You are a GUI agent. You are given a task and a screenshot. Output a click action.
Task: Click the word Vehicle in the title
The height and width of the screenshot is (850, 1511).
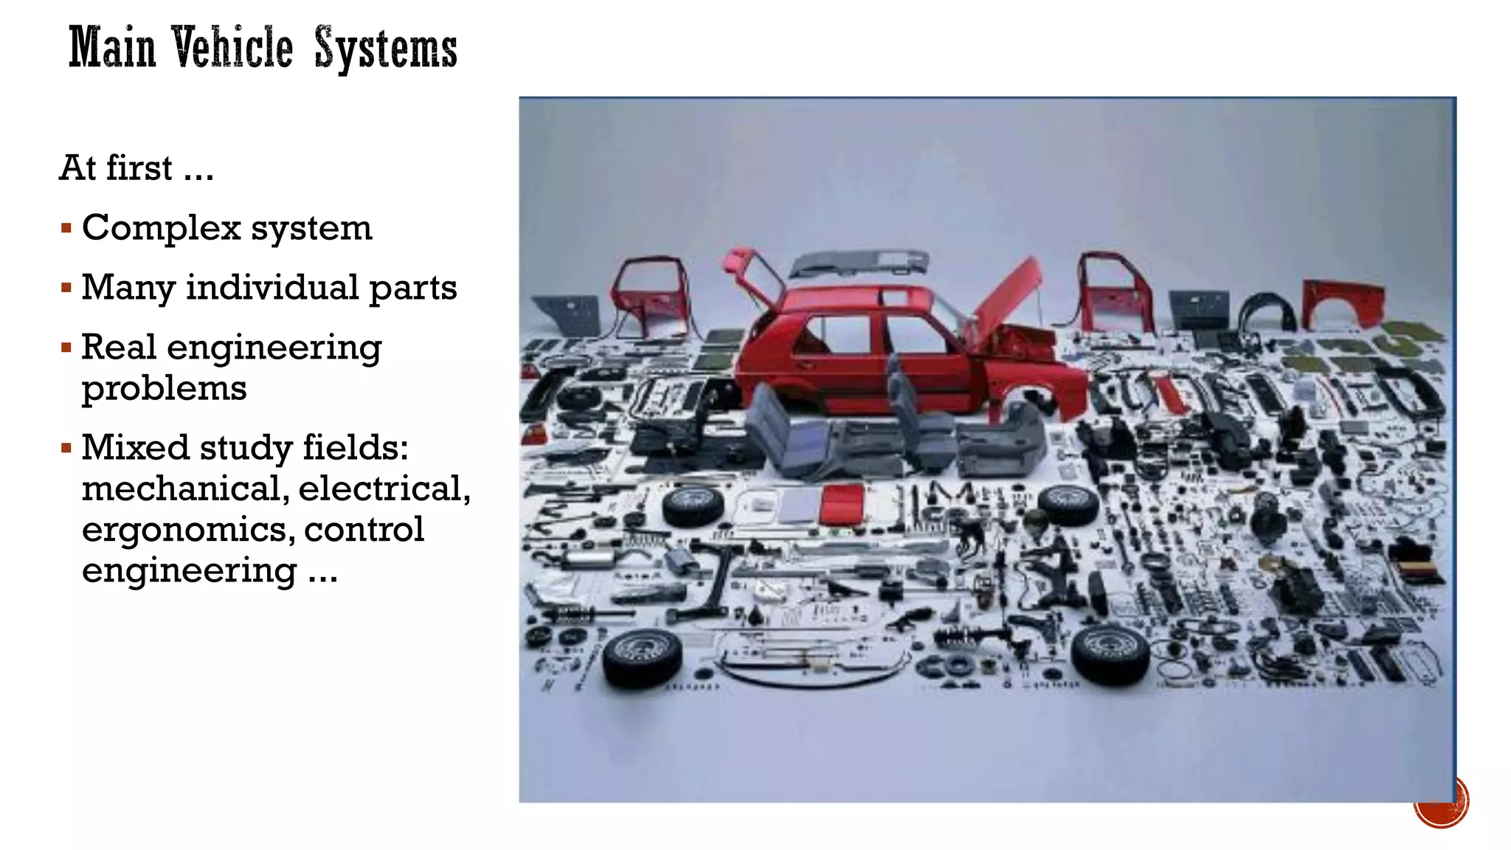[232, 47]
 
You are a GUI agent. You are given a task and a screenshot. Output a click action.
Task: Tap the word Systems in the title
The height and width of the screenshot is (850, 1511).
[385, 49]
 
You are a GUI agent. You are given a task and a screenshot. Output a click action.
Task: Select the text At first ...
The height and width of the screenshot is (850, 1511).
[116, 168]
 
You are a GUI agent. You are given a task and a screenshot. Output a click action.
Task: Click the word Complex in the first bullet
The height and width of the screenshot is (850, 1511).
[161, 228]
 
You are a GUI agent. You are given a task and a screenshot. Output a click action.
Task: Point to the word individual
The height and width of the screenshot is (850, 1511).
[272, 288]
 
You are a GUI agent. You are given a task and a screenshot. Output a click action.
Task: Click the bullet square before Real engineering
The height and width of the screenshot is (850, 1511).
[66, 348]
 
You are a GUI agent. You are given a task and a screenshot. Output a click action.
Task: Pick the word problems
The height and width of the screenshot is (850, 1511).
[164, 388]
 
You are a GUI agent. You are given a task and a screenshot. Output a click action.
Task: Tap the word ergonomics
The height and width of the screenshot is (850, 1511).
[187, 530]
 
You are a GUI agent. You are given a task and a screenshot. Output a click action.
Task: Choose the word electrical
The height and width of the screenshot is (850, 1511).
[383, 488]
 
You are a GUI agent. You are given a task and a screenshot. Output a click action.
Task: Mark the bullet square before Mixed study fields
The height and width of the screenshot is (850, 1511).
[66, 448]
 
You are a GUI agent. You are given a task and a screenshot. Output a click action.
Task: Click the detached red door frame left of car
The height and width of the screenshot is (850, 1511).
[649, 295]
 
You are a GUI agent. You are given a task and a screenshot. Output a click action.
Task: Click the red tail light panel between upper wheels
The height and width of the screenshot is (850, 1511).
[842, 503]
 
